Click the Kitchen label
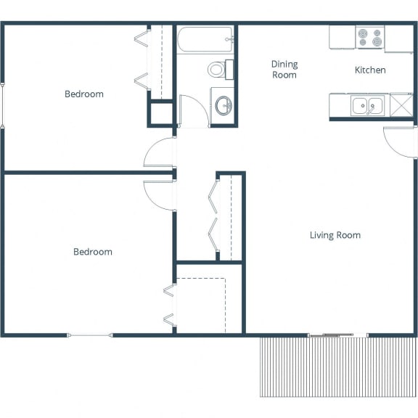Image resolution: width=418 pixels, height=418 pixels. point(370,70)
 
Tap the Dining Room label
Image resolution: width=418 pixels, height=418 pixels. point(284,70)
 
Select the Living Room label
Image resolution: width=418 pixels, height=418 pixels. point(335,235)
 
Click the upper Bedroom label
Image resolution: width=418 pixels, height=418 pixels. point(84,94)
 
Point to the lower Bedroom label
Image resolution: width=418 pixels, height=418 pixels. point(93,252)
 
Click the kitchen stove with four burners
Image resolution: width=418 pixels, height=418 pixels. point(369,38)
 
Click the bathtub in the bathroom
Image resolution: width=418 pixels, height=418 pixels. point(205,39)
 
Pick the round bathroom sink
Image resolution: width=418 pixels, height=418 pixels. point(224,106)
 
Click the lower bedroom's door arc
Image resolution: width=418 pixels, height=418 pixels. point(160,192)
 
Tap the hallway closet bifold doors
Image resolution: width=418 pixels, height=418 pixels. point(213,217)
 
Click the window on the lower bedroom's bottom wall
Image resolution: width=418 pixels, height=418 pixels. point(90,335)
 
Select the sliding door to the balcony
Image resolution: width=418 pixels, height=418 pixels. point(337,335)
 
